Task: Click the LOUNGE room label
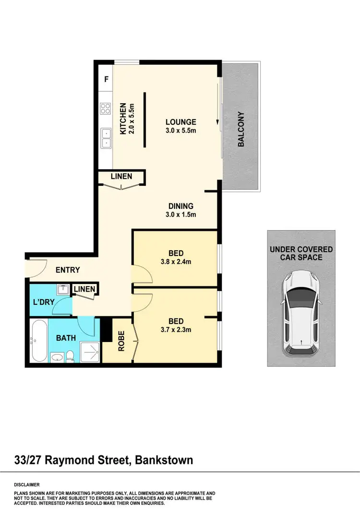pos(180,122)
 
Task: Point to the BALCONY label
pos(241,129)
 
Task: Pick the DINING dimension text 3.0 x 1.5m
pos(180,215)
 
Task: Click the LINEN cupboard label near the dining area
pos(121,176)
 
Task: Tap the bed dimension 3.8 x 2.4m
pos(176,262)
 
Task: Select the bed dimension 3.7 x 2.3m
pos(176,330)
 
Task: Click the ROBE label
pos(121,341)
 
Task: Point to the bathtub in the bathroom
pos(38,341)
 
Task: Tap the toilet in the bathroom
pos(70,356)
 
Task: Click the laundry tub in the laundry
pos(62,290)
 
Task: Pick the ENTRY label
pos(68,270)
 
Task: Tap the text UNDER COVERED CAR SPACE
pos(301,253)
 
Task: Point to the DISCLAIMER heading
pos(27,485)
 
